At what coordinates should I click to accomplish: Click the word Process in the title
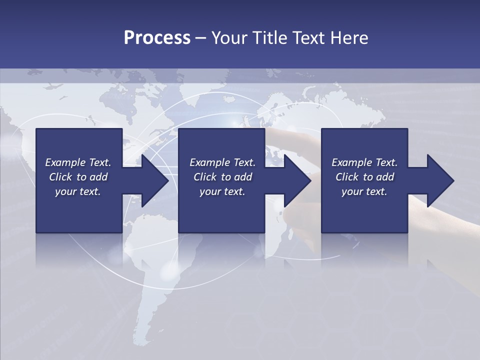(157, 38)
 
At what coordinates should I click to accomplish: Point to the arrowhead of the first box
(154, 180)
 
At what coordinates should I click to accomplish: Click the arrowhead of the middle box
(297, 180)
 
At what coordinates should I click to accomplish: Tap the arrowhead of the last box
(440, 180)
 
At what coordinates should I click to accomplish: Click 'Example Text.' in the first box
(78, 162)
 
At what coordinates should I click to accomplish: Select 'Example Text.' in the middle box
(222, 162)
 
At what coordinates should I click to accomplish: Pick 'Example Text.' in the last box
(364, 162)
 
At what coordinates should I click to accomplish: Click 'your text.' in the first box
(78, 191)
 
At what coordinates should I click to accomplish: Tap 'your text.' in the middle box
(222, 191)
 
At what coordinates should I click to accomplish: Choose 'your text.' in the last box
(364, 191)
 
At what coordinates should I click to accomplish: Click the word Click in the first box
(60, 177)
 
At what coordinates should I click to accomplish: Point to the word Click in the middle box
(205, 177)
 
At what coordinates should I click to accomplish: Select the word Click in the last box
(347, 177)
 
